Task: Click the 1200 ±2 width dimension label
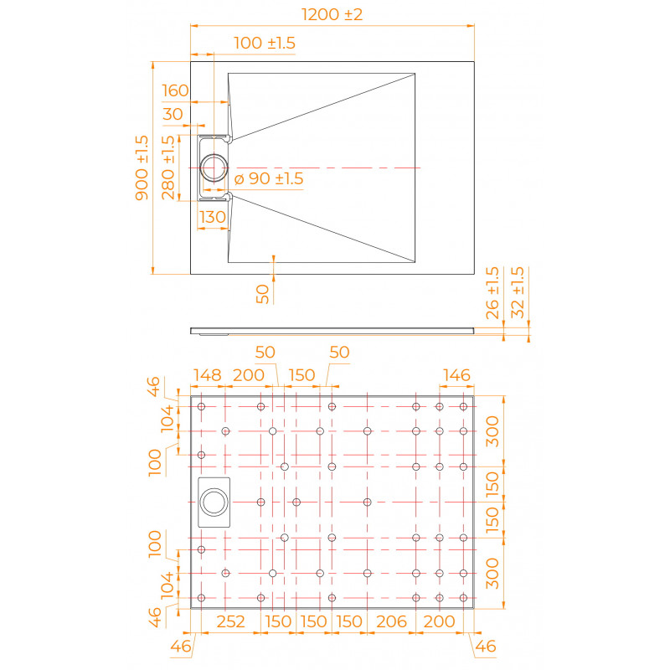332,14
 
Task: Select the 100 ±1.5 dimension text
265,44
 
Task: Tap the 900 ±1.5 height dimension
142,168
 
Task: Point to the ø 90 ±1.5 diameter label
269,178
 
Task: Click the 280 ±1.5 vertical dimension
168,167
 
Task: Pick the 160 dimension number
175,90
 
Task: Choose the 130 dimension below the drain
213,217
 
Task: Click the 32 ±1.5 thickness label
518,292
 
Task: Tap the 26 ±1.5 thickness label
492,293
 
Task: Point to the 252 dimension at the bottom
231,621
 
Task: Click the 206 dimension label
391,621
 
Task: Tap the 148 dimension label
207,375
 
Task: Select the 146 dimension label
456,375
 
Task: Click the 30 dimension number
173,114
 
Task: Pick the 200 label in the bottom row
439,621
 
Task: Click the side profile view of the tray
332,330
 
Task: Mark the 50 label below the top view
262,294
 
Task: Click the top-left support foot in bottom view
201,406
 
